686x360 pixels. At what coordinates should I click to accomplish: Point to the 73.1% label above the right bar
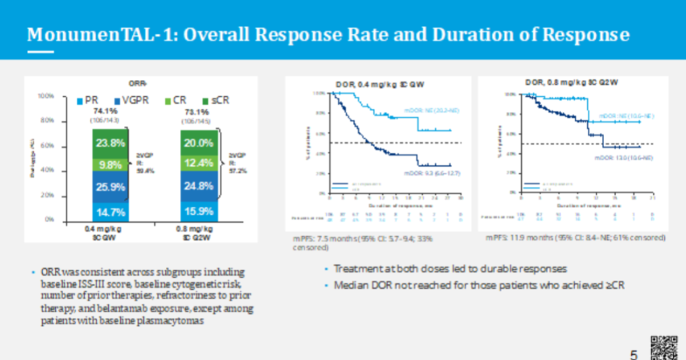(x=195, y=111)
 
